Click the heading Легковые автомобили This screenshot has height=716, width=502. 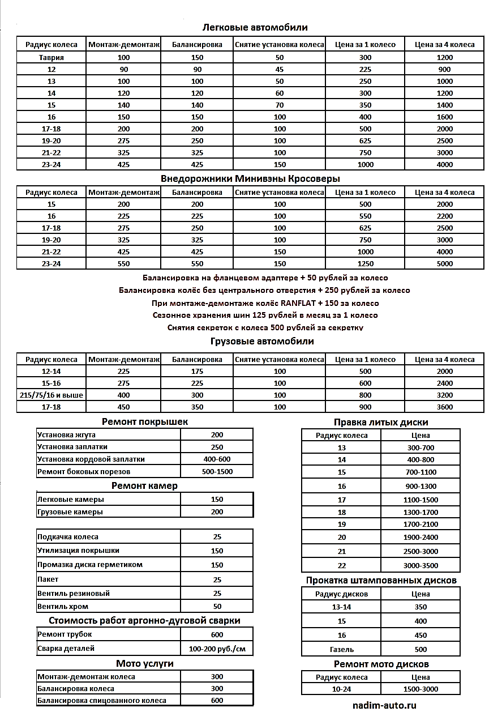pyautogui.click(x=255, y=27)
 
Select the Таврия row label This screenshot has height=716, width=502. pyautogui.click(x=52, y=58)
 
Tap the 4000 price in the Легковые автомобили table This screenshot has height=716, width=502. pyautogui.click(x=445, y=165)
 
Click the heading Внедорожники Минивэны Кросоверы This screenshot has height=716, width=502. pyautogui.click(x=250, y=178)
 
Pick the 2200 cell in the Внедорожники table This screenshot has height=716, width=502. pyautogui.click(x=445, y=216)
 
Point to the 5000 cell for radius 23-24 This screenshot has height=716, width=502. pyautogui.click(x=445, y=264)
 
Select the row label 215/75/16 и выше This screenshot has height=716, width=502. pyautogui.click(x=52, y=395)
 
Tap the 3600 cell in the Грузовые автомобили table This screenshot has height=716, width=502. pyautogui.click(x=445, y=407)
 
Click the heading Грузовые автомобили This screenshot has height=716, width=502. pyautogui.click(x=261, y=342)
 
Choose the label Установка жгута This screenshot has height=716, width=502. pyautogui.click(x=66, y=435)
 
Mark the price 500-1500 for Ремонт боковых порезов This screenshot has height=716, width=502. pyautogui.click(x=217, y=471)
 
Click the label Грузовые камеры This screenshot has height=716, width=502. pyautogui.click(x=70, y=512)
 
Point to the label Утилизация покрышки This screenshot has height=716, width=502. pyautogui.click(x=78, y=551)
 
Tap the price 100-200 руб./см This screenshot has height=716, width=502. pyautogui.click(x=217, y=649)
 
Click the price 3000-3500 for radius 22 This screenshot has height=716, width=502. pyautogui.click(x=421, y=565)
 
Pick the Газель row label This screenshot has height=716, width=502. pyautogui.click(x=342, y=649)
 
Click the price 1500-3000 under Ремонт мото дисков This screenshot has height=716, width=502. pyautogui.click(x=421, y=689)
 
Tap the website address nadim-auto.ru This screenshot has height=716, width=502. pyautogui.click(x=384, y=706)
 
